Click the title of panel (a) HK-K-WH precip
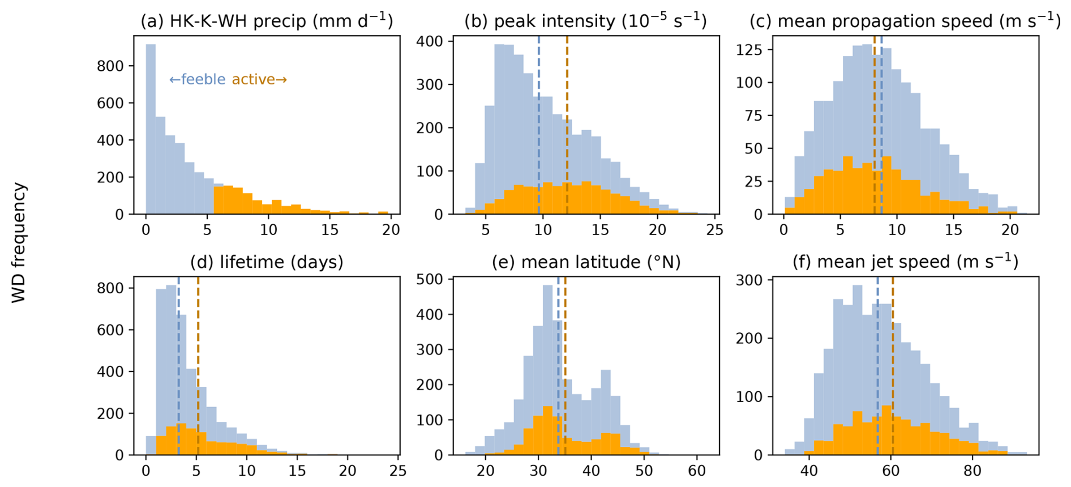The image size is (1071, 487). (267, 21)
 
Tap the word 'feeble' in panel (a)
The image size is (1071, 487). (203, 79)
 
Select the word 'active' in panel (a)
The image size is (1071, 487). (254, 79)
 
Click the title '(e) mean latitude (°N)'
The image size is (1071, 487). (586, 262)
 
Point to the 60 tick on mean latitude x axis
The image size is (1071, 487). (697, 471)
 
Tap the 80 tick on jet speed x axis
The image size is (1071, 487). (973, 471)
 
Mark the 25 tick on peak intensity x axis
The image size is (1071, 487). (715, 230)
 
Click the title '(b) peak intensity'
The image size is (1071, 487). (585, 21)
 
